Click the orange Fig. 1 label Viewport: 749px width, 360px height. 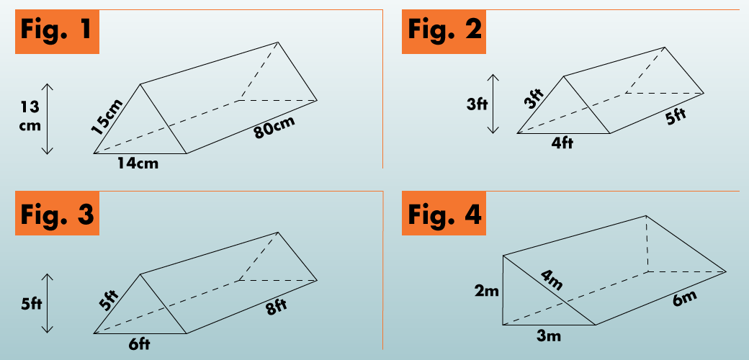coord(57,32)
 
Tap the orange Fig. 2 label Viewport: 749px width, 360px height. coord(444,32)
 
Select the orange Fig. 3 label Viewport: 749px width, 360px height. coord(57,213)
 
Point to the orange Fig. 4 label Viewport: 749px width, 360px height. coord(444,213)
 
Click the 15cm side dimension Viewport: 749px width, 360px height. coord(107,117)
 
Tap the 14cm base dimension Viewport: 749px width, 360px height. coord(138,163)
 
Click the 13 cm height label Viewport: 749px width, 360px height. coord(30,117)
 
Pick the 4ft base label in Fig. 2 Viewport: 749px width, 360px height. coord(562,143)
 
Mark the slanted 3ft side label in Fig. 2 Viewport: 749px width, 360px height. coord(534,99)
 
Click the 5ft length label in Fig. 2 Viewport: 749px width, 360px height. coord(676,117)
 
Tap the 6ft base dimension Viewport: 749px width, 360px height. coord(138,343)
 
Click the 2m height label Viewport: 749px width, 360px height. coord(486,290)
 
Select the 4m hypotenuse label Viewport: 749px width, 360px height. coord(552,280)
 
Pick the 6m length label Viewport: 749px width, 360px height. coord(684,299)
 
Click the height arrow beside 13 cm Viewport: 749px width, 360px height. coord(47,118)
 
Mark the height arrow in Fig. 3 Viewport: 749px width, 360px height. coord(47,303)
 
